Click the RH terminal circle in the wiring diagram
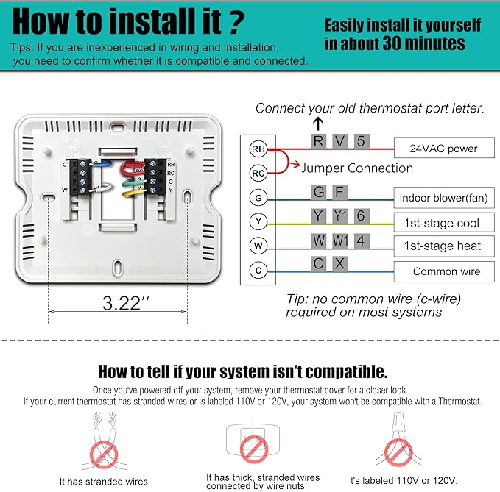(x=258, y=149)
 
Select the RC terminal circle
(x=258, y=174)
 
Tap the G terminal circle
(x=258, y=198)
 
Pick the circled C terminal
(x=258, y=271)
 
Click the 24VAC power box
(x=444, y=147)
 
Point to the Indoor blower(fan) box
(x=444, y=198)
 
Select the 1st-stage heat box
(x=444, y=246)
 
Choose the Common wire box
(x=444, y=271)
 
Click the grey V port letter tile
(x=340, y=141)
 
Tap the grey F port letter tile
(x=340, y=193)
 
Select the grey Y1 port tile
(x=340, y=216)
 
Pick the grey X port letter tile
(x=340, y=264)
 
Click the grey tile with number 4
(x=362, y=241)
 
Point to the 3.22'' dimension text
(x=126, y=303)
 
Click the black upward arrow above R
(x=318, y=124)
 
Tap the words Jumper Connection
(x=357, y=168)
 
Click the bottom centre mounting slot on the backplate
(x=118, y=266)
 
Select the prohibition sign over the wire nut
(x=398, y=452)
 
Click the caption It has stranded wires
(x=104, y=482)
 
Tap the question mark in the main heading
(x=236, y=21)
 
